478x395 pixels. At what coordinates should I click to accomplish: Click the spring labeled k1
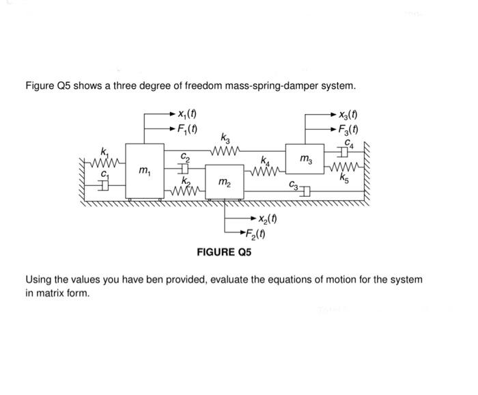104,162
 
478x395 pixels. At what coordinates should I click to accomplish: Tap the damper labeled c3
305,191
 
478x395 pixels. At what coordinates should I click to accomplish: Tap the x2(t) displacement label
267,219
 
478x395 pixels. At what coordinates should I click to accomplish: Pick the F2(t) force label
257,234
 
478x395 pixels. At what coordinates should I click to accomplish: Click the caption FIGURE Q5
224,252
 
